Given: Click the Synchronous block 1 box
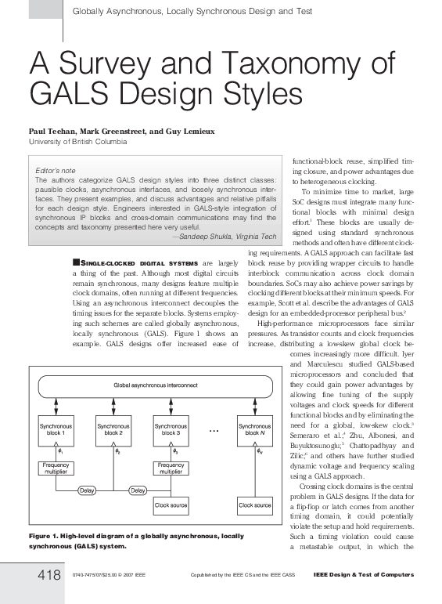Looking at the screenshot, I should click(58, 429).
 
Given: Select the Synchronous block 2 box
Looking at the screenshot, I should click(114, 429).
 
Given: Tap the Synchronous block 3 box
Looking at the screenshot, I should click(171, 429).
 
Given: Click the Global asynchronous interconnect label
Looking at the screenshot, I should click(156, 386).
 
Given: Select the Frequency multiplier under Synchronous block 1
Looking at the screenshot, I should click(57, 468).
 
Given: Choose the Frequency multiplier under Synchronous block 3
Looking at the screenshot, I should click(171, 468).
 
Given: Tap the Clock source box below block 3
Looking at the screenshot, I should click(171, 505).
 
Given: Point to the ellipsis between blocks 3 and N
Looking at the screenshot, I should click(214, 430).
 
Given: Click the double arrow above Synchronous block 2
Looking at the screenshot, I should click(114, 406).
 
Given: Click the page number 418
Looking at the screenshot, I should click(49, 576).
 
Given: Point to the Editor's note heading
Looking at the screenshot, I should click(56, 170).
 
